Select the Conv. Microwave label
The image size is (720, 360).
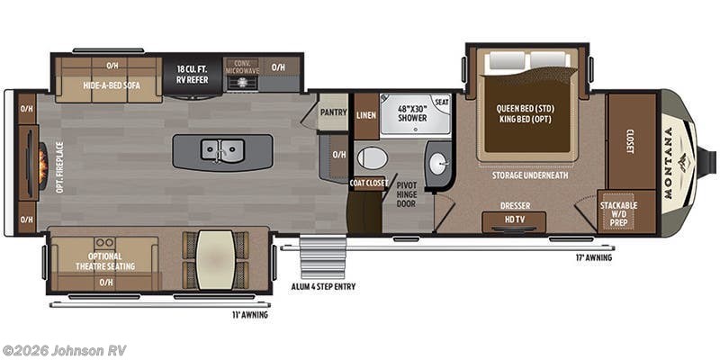tap(241, 66)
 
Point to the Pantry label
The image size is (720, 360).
tap(332, 113)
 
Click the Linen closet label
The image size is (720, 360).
tap(365, 115)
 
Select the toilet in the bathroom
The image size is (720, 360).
tap(372, 158)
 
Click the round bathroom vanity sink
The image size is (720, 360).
tap(437, 165)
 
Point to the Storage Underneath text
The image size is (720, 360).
tap(529, 175)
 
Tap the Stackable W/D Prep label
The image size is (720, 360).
tap(619, 212)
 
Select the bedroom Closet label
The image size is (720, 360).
tap(630, 140)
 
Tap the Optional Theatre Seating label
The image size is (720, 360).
tap(106, 261)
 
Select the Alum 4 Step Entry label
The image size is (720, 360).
tap(321, 287)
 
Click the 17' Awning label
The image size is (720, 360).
tap(594, 257)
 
